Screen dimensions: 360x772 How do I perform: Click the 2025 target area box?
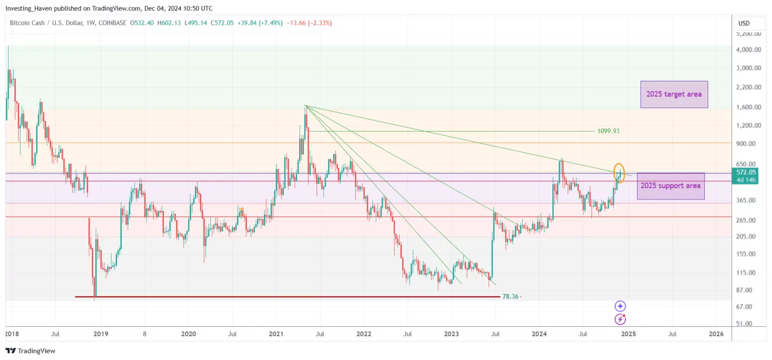point(673,95)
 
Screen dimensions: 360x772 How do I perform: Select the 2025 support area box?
point(670,186)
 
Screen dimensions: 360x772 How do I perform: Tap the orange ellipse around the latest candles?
point(620,173)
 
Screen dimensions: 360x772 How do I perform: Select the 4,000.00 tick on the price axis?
point(749,50)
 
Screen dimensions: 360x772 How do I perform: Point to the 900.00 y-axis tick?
point(749,144)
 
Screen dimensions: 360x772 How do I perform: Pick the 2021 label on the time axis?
point(275,334)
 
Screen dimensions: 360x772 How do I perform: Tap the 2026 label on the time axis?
point(716,334)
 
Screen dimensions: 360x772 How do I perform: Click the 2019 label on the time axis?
point(101,334)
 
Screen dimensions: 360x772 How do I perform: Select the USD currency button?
point(744,23)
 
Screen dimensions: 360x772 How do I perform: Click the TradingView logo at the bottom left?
point(30,351)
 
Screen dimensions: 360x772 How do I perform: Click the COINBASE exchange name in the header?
point(113,23)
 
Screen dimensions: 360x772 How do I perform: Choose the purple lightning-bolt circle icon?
point(620,319)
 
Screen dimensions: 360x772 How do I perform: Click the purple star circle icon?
point(620,306)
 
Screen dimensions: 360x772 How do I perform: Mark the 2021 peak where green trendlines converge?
point(306,106)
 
